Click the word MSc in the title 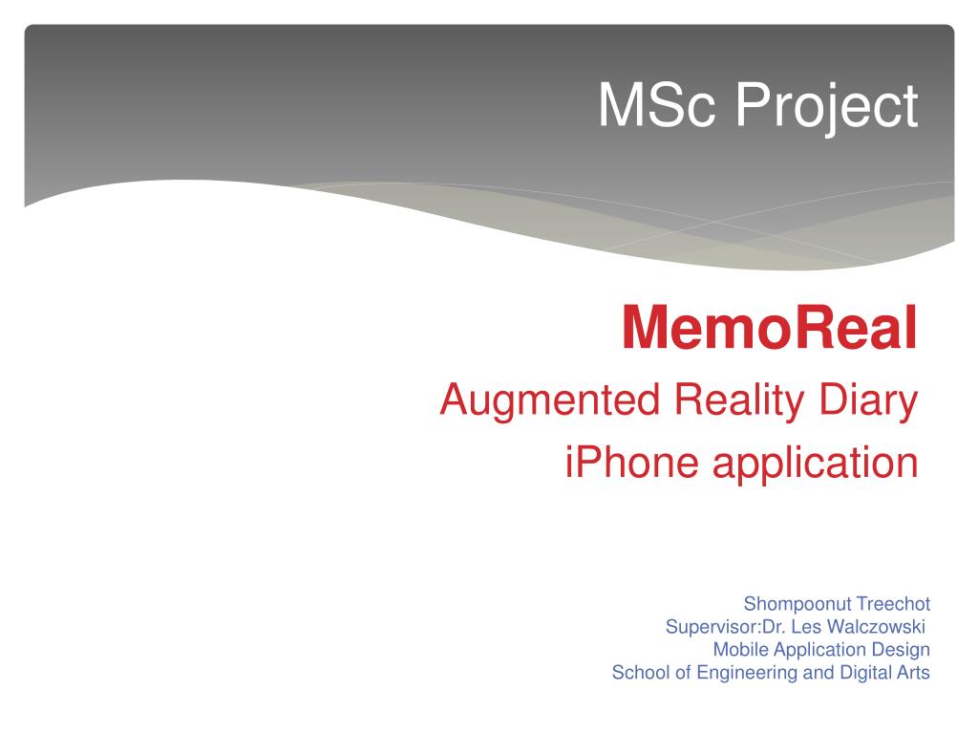[x=658, y=105]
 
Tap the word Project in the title [x=826, y=107]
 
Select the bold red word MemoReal [x=770, y=328]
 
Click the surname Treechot [x=893, y=604]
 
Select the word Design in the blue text [x=904, y=650]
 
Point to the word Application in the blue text [x=823, y=651]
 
